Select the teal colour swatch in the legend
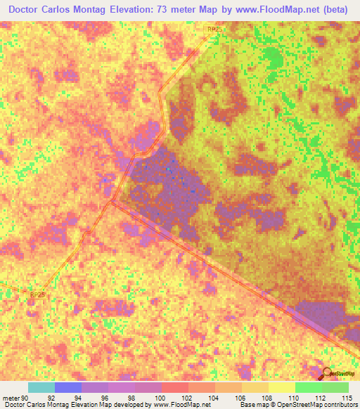tap(41, 387)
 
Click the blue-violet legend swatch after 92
tap(67, 387)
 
